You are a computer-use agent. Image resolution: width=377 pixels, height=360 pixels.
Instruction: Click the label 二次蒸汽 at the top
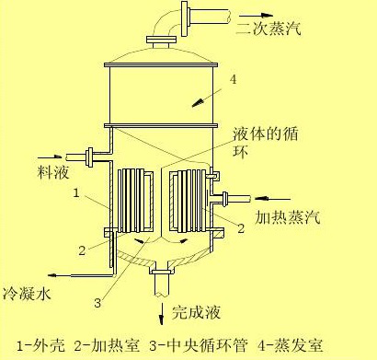(268, 31)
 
